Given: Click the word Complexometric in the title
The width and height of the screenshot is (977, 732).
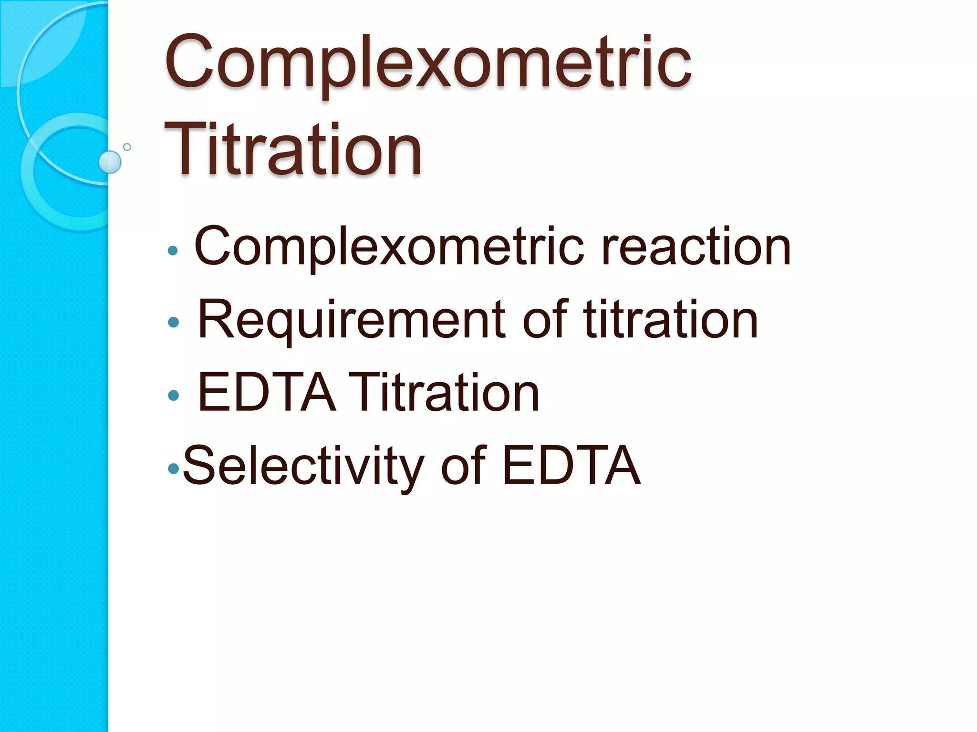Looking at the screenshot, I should (428, 62).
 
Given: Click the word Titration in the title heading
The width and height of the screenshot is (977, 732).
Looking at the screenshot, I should (293, 150).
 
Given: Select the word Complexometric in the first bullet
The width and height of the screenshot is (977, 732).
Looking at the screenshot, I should (389, 247).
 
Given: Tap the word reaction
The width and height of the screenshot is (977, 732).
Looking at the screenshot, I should (696, 247).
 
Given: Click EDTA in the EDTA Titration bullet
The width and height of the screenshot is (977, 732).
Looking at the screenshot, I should (266, 393).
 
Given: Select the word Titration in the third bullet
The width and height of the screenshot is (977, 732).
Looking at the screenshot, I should (444, 393).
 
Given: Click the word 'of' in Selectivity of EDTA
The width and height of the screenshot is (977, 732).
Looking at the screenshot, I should (463, 466).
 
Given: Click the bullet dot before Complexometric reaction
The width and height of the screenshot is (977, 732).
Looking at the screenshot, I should (173, 251).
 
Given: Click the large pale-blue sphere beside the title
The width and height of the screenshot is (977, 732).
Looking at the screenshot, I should (110, 162).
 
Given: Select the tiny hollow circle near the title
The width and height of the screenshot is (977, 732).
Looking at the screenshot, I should (127, 147).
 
